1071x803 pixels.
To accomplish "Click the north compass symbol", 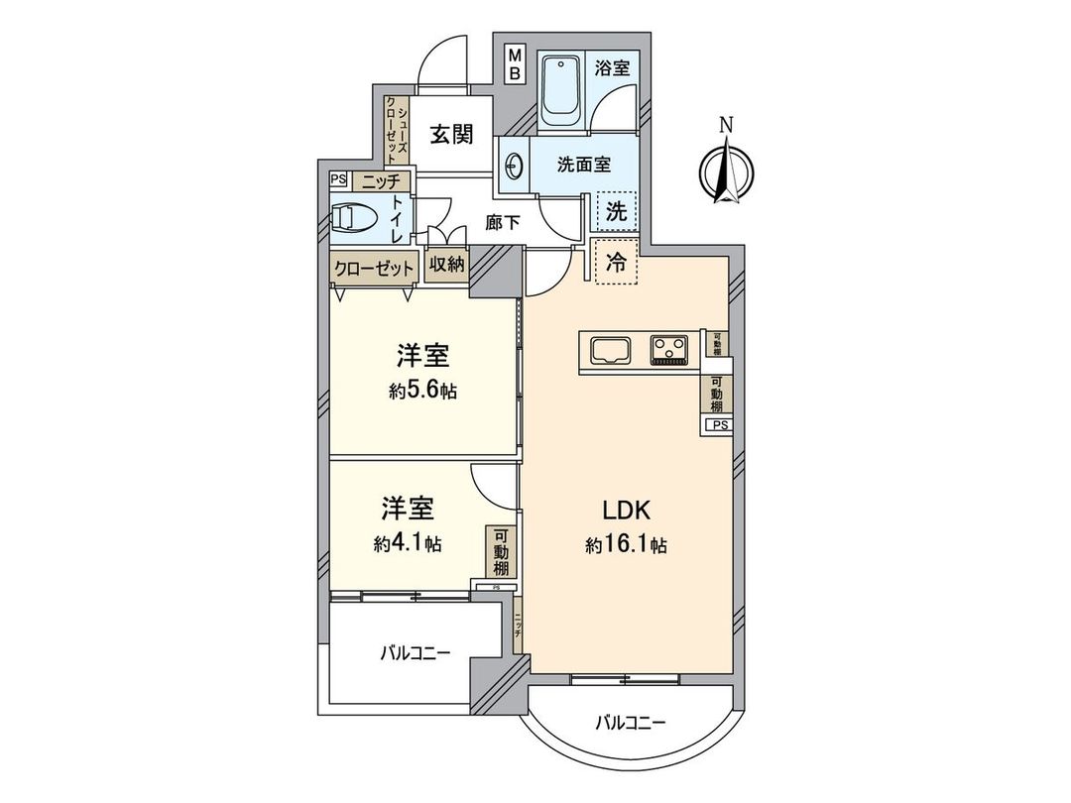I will (726, 168).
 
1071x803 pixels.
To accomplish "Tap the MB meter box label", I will (516, 65).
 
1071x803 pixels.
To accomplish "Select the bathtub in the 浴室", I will (562, 90).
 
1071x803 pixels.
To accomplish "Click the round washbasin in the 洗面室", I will (513, 167).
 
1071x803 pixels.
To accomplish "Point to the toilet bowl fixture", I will (354, 218).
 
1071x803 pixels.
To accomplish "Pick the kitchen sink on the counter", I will (609, 350).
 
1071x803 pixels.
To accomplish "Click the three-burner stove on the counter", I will (670, 350).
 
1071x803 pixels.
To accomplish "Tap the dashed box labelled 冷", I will (614, 264).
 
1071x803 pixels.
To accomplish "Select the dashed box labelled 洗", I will (616, 211).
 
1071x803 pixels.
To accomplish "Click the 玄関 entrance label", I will (450, 135).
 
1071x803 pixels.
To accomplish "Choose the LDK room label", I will (626, 512).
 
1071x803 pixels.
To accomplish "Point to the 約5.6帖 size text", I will (422, 391).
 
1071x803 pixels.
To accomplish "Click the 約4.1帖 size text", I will (408, 543).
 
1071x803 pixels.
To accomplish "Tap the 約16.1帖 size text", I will (626, 544).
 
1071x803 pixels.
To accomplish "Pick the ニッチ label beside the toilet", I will (380, 180).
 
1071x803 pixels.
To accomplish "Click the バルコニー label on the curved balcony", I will (630, 723).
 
